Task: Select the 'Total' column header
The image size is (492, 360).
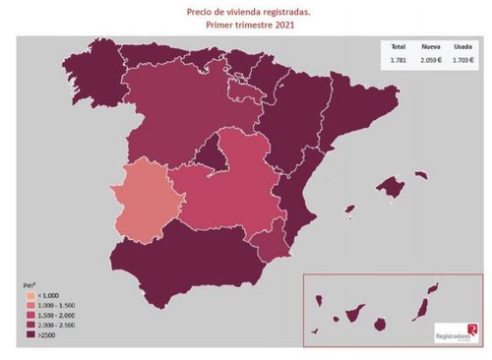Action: pyautogui.click(x=399, y=46)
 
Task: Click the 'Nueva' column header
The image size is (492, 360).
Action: pyautogui.click(x=430, y=46)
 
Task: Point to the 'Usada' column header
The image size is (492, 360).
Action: pyautogui.click(x=461, y=46)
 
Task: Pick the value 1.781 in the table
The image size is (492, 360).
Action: pyautogui.click(x=399, y=60)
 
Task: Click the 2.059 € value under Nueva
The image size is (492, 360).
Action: pyautogui.click(x=430, y=60)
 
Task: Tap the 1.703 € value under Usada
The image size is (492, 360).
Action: pyautogui.click(x=461, y=60)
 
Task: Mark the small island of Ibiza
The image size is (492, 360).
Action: pyautogui.click(x=348, y=208)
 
